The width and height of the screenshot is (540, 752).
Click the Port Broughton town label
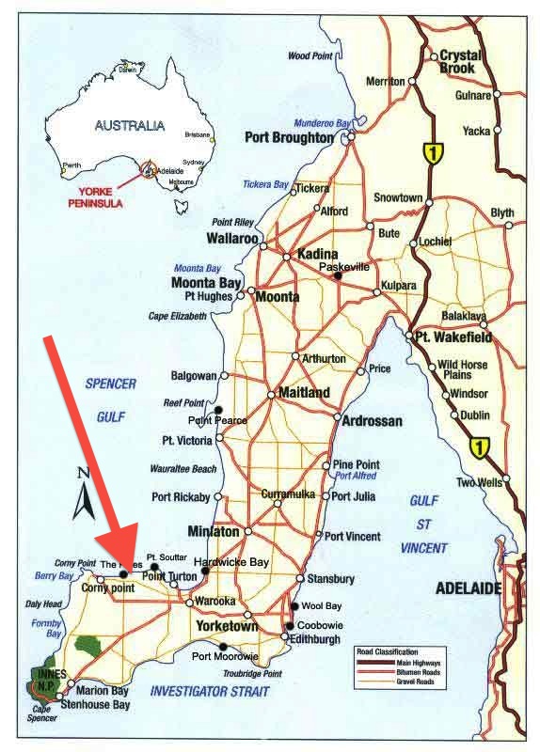(x=289, y=137)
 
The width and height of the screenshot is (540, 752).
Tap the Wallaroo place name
(x=232, y=239)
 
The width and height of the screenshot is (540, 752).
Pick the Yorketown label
(x=227, y=625)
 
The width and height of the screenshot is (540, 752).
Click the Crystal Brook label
(x=458, y=62)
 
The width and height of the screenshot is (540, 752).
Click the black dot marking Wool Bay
(x=294, y=606)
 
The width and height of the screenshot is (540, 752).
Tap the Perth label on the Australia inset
(x=71, y=165)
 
